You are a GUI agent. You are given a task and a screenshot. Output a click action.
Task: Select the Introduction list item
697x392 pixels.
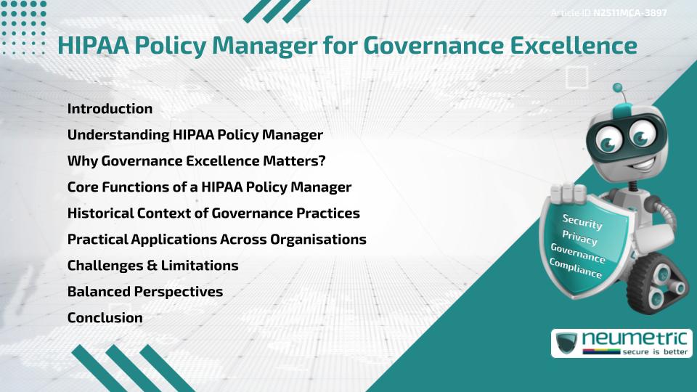(110, 109)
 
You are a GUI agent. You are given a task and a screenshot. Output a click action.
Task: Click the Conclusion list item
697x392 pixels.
(105, 317)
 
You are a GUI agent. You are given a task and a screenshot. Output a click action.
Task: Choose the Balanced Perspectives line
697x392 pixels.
(144, 291)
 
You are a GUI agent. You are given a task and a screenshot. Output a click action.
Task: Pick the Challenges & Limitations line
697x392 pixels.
(152, 265)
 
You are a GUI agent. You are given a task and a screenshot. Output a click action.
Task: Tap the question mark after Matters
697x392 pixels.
(322, 161)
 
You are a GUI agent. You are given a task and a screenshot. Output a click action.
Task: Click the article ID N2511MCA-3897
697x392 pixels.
(630, 12)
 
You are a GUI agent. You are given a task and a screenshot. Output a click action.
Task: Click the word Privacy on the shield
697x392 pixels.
(579, 238)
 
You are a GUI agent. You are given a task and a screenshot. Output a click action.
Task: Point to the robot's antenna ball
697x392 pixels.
(618, 89)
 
